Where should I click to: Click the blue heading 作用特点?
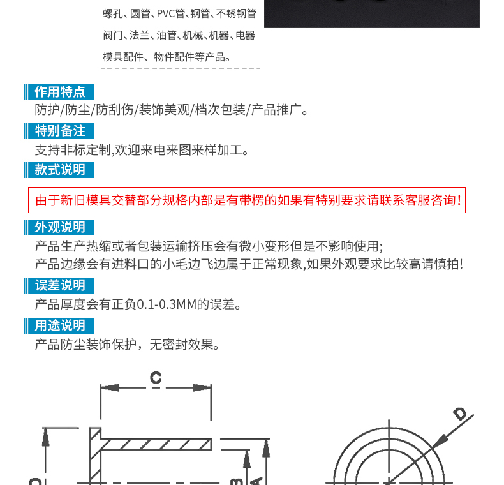59,92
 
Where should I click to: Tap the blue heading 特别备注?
59,131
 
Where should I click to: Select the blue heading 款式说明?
59,170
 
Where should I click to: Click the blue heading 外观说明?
59,228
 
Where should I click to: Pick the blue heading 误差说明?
59,286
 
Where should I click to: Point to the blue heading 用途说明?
59,325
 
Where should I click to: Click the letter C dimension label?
156,377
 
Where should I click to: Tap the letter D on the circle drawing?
460,413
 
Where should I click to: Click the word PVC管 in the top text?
171,13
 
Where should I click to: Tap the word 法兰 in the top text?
140,35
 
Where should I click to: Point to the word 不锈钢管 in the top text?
236,13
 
